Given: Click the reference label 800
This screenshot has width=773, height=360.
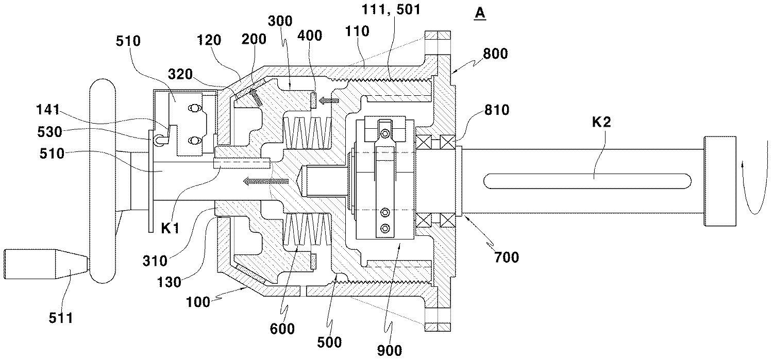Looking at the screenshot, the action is click(x=495, y=54).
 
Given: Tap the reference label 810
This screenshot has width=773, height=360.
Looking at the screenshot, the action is click(x=497, y=110).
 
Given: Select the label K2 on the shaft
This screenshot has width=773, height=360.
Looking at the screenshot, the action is click(x=601, y=122).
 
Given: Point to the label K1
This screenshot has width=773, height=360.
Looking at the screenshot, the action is click(x=171, y=228).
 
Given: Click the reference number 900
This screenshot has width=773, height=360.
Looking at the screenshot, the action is click(x=390, y=351).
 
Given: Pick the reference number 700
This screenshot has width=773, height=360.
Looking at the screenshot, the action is click(x=507, y=257).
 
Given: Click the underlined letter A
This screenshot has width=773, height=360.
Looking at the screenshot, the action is click(x=480, y=14).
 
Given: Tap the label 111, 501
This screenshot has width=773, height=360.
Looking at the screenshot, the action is click(x=391, y=9).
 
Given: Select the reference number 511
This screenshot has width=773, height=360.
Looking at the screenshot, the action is click(x=61, y=318).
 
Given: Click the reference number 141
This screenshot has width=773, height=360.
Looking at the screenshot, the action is click(x=48, y=110).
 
